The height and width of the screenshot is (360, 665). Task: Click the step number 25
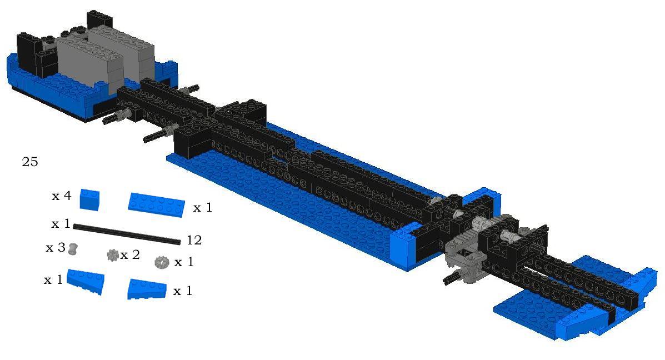(29, 162)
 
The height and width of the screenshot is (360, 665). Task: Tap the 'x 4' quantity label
(62, 196)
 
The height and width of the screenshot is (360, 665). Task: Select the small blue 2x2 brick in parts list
(89, 199)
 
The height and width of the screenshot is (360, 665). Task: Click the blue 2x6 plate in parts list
(157, 205)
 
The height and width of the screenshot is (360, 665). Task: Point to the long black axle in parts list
(127, 234)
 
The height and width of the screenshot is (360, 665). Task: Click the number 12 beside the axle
(194, 241)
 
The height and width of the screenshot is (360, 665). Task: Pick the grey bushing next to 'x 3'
(73, 249)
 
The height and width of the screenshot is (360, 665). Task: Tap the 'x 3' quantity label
(56, 248)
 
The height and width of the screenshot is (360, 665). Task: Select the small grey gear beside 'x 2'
(113, 255)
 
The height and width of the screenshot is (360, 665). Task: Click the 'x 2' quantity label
(130, 255)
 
